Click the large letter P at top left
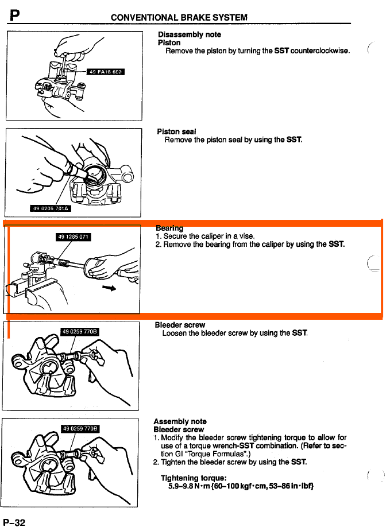point(14,15)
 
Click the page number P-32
point(14,522)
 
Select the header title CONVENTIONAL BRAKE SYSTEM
point(179,17)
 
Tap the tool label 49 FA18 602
point(106,72)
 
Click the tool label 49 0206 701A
point(51,208)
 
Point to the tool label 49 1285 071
point(74,237)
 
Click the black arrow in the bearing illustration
point(109,288)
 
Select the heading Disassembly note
point(190,34)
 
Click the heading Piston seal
point(176,131)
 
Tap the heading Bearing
point(169,228)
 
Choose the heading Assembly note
point(180,421)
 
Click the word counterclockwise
point(320,51)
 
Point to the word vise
point(246,236)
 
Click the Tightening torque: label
point(194,478)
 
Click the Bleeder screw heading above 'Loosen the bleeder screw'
point(180,325)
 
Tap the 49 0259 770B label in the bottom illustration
point(80,428)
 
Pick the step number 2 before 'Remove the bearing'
point(158,245)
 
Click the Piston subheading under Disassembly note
point(169,42)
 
